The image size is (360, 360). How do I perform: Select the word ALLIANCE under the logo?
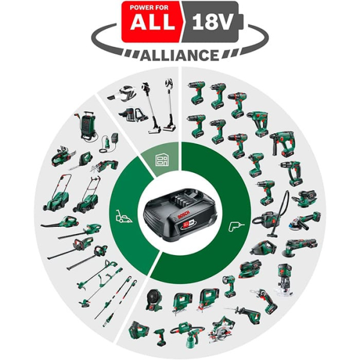pyautogui.click(x=179, y=55)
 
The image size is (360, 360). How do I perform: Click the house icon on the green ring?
pyautogui.click(x=160, y=160)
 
